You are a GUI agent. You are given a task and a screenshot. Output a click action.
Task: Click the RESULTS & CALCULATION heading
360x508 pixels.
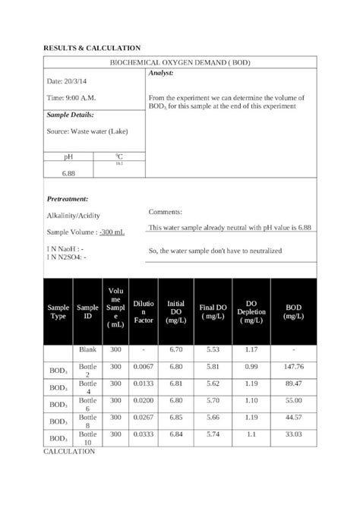coord(92,48)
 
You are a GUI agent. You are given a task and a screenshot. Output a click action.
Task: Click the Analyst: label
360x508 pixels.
coord(162,72)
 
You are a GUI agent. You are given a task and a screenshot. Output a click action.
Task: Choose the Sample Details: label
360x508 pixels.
coord(71,115)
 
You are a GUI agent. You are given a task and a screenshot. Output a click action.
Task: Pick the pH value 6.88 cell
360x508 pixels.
coord(68,173)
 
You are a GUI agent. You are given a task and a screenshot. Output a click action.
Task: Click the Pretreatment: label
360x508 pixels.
coord(68,198)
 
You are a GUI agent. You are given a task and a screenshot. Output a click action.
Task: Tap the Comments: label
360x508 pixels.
coord(166,212)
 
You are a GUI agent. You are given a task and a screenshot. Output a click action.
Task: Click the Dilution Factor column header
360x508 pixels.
coord(144,312)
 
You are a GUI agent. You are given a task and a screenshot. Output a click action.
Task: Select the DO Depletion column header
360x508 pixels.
coord(251,311)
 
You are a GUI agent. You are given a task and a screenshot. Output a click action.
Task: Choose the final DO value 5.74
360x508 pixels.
coord(213,434)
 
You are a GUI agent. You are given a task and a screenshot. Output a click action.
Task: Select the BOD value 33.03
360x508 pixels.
coord(293,434)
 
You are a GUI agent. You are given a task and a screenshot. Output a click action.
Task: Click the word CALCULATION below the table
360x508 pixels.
coord(69,451)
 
